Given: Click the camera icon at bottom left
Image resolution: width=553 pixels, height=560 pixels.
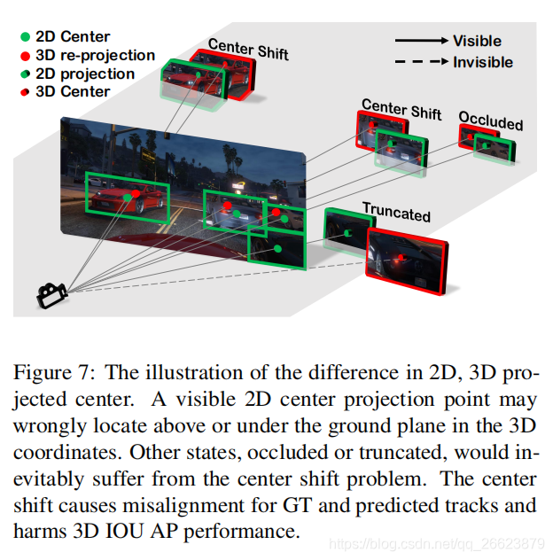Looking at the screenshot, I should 51,295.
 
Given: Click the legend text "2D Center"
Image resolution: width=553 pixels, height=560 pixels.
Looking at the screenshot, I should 73,37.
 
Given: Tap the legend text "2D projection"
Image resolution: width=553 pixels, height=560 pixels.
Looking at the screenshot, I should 85,74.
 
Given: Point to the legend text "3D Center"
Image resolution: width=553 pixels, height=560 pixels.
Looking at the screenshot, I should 73,92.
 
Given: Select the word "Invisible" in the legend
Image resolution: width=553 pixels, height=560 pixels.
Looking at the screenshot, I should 483,62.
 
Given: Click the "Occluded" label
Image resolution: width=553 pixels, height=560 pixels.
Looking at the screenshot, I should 490,121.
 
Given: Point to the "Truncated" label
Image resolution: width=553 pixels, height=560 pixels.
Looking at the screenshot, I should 396,213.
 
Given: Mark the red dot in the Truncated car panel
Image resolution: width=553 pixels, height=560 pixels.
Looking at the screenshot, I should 401,260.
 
